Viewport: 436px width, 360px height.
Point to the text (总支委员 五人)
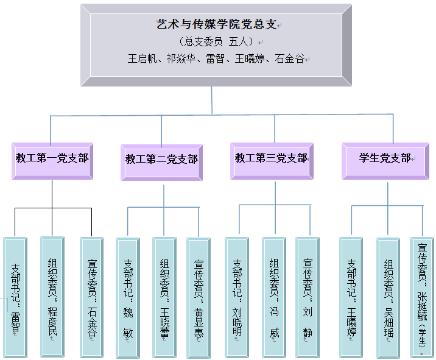coord(216,42)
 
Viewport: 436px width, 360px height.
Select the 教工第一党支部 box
coord(52,160)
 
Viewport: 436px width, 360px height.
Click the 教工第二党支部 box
coord(162,161)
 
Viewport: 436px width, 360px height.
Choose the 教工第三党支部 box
coord(272,160)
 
